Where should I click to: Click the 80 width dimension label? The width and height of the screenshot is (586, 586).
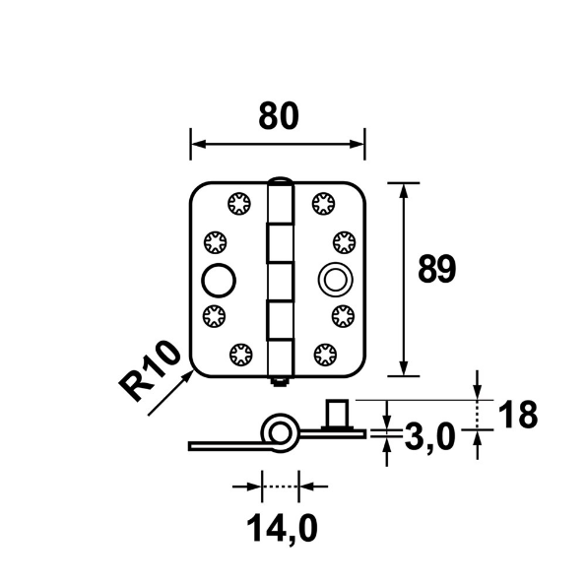pyautogui.click(x=279, y=116)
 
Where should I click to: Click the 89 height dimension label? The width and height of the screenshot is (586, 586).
pyautogui.click(x=437, y=269)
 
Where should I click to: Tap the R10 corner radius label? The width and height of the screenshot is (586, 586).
pyautogui.click(x=150, y=370)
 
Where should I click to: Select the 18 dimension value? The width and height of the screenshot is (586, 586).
pyautogui.click(x=518, y=414)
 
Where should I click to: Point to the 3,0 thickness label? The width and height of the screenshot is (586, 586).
pyautogui.click(x=429, y=436)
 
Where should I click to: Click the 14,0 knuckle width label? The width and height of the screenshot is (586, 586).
pyautogui.click(x=282, y=528)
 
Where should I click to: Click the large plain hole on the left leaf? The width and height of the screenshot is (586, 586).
pyautogui.click(x=219, y=281)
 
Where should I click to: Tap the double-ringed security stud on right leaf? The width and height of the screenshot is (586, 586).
pyautogui.click(x=336, y=280)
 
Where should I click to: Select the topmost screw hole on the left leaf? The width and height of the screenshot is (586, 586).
pyautogui.click(x=239, y=204)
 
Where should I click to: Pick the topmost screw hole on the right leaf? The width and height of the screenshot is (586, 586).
pyautogui.click(x=324, y=204)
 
